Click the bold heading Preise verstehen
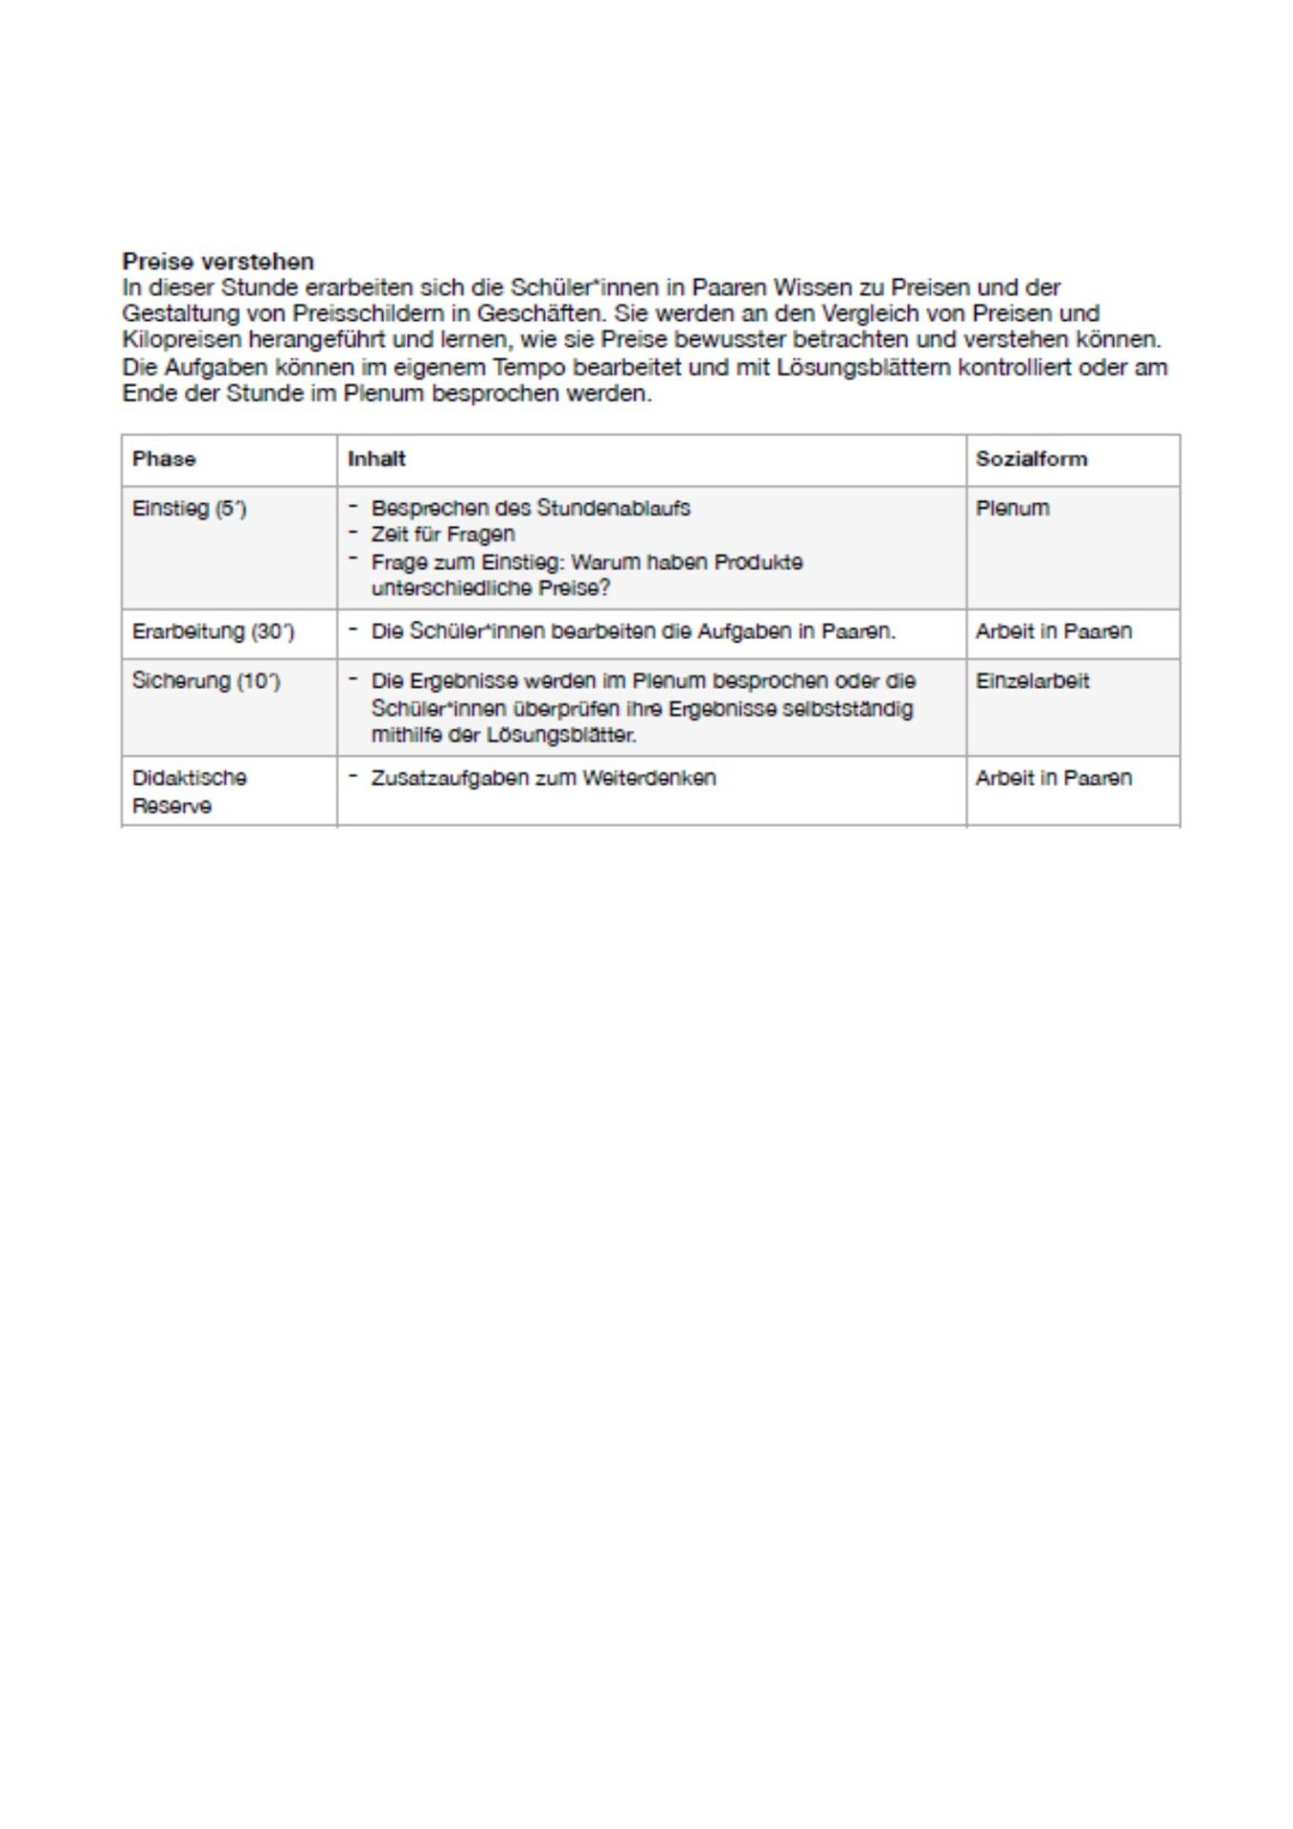pos(218,261)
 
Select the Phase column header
pos(164,459)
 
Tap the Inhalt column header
pos(376,459)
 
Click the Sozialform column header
pos(1031,459)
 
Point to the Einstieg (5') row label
pos(190,509)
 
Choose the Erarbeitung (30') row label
pos(213,632)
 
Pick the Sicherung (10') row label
pos(206,681)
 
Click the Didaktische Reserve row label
pos(189,791)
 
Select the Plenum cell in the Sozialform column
pos(1012,509)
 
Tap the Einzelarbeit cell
pos(1032,681)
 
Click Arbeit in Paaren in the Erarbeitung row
pos(1053,632)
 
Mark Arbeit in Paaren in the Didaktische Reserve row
pos(1053,778)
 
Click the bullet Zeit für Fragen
pos(443,534)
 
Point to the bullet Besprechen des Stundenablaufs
pos(531,509)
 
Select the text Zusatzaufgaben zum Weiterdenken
pos(543,778)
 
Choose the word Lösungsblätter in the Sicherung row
pos(561,735)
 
